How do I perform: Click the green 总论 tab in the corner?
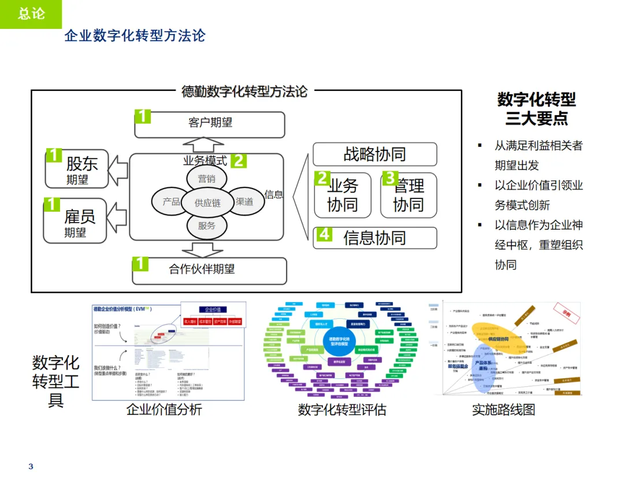tap(31, 14)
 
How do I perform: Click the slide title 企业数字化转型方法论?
tap(135, 35)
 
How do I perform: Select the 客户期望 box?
tap(210, 124)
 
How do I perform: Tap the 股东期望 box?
tap(77, 168)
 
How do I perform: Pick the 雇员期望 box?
tap(76, 221)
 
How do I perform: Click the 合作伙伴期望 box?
tap(210, 270)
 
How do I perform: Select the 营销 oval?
tap(206, 179)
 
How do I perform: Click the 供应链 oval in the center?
tap(207, 202)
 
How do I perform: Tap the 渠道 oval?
tap(244, 202)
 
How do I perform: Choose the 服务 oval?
tap(206, 226)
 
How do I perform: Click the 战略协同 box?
tap(374, 154)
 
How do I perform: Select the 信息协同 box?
tap(374, 238)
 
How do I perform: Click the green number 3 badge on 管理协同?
tap(391, 178)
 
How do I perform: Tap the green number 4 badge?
tap(324, 234)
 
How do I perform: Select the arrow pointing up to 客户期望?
tap(198, 145)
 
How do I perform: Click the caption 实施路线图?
tap(503, 410)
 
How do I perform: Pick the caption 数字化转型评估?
tap(341, 410)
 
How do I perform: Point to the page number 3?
tap(31, 467)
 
